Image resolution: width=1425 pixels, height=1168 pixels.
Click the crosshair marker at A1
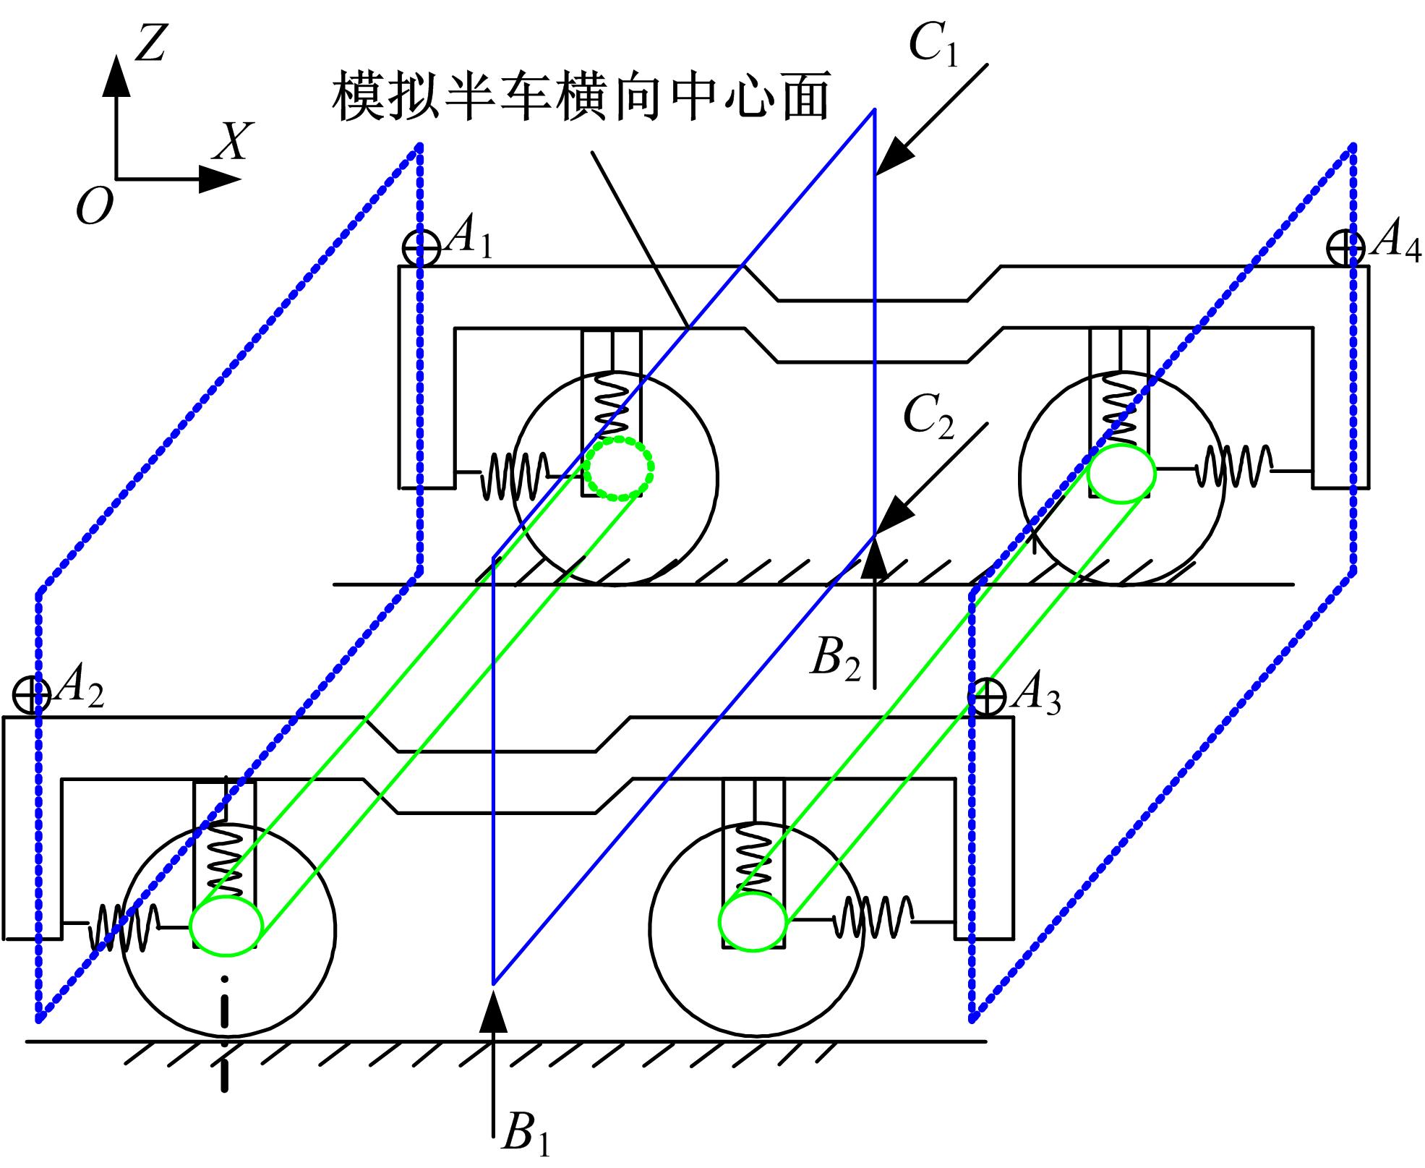click(x=421, y=249)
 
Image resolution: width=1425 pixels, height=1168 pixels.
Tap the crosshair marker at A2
click(x=33, y=696)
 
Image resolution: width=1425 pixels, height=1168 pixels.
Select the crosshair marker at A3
click(x=987, y=698)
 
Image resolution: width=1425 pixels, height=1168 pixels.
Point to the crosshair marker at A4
click(x=1345, y=249)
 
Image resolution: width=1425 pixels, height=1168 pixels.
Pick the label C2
click(x=930, y=418)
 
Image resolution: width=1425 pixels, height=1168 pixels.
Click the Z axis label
click(x=151, y=43)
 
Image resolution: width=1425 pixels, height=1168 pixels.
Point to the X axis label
click(x=233, y=140)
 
